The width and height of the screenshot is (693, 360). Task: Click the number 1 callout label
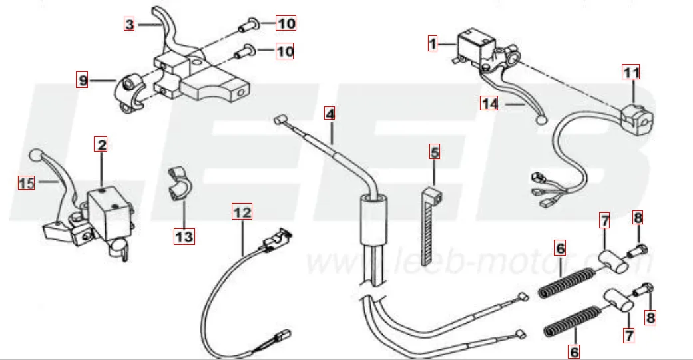pos(433,44)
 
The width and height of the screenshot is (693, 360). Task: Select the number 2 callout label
pos(100,144)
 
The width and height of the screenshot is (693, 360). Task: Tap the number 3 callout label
pos(130,24)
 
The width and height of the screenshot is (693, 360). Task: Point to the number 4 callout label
pos(330,113)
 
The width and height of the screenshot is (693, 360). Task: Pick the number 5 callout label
pos(435,152)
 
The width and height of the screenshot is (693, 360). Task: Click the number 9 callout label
pos(83,81)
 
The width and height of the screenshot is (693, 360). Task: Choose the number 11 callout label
pos(630,71)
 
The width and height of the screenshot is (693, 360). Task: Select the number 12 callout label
pos(243,213)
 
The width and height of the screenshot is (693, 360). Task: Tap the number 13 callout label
pos(184,236)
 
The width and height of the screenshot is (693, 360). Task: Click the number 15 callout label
pos(26,182)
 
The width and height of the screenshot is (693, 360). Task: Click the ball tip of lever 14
pos(540,120)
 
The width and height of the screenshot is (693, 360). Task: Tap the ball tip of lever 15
pos(36,157)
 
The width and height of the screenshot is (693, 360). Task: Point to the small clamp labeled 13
pos(177,182)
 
